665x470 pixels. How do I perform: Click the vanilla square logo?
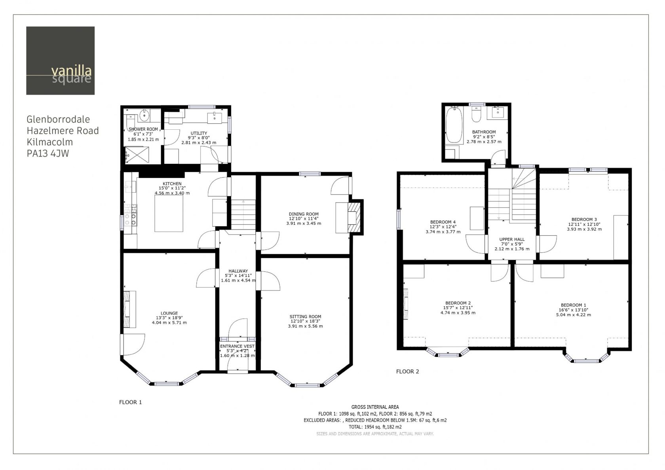click(x=60, y=61)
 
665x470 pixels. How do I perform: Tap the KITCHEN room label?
click(x=172, y=184)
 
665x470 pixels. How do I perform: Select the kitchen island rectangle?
click(x=169, y=213)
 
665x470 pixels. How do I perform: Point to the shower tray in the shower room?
click(x=137, y=155)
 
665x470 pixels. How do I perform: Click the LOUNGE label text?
click(x=169, y=313)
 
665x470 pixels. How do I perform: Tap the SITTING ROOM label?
click(x=305, y=316)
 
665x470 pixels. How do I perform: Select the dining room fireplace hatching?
click(x=355, y=218)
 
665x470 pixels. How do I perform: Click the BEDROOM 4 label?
click(x=443, y=222)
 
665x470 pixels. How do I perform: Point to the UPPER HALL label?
click(x=512, y=239)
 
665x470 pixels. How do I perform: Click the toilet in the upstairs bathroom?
click(x=476, y=114)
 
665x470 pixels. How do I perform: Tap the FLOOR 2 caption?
click(x=407, y=371)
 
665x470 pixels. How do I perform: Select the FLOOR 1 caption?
click(x=130, y=402)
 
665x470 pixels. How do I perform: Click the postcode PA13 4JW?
click(x=48, y=154)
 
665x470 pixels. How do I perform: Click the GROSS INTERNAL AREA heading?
click(x=375, y=407)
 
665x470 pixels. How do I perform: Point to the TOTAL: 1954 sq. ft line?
click(x=375, y=427)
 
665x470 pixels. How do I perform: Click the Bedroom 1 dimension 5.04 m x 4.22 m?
click(x=573, y=315)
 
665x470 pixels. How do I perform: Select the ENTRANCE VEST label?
click(x=237, y=346)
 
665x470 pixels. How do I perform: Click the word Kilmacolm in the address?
click(x=50, y=142)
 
